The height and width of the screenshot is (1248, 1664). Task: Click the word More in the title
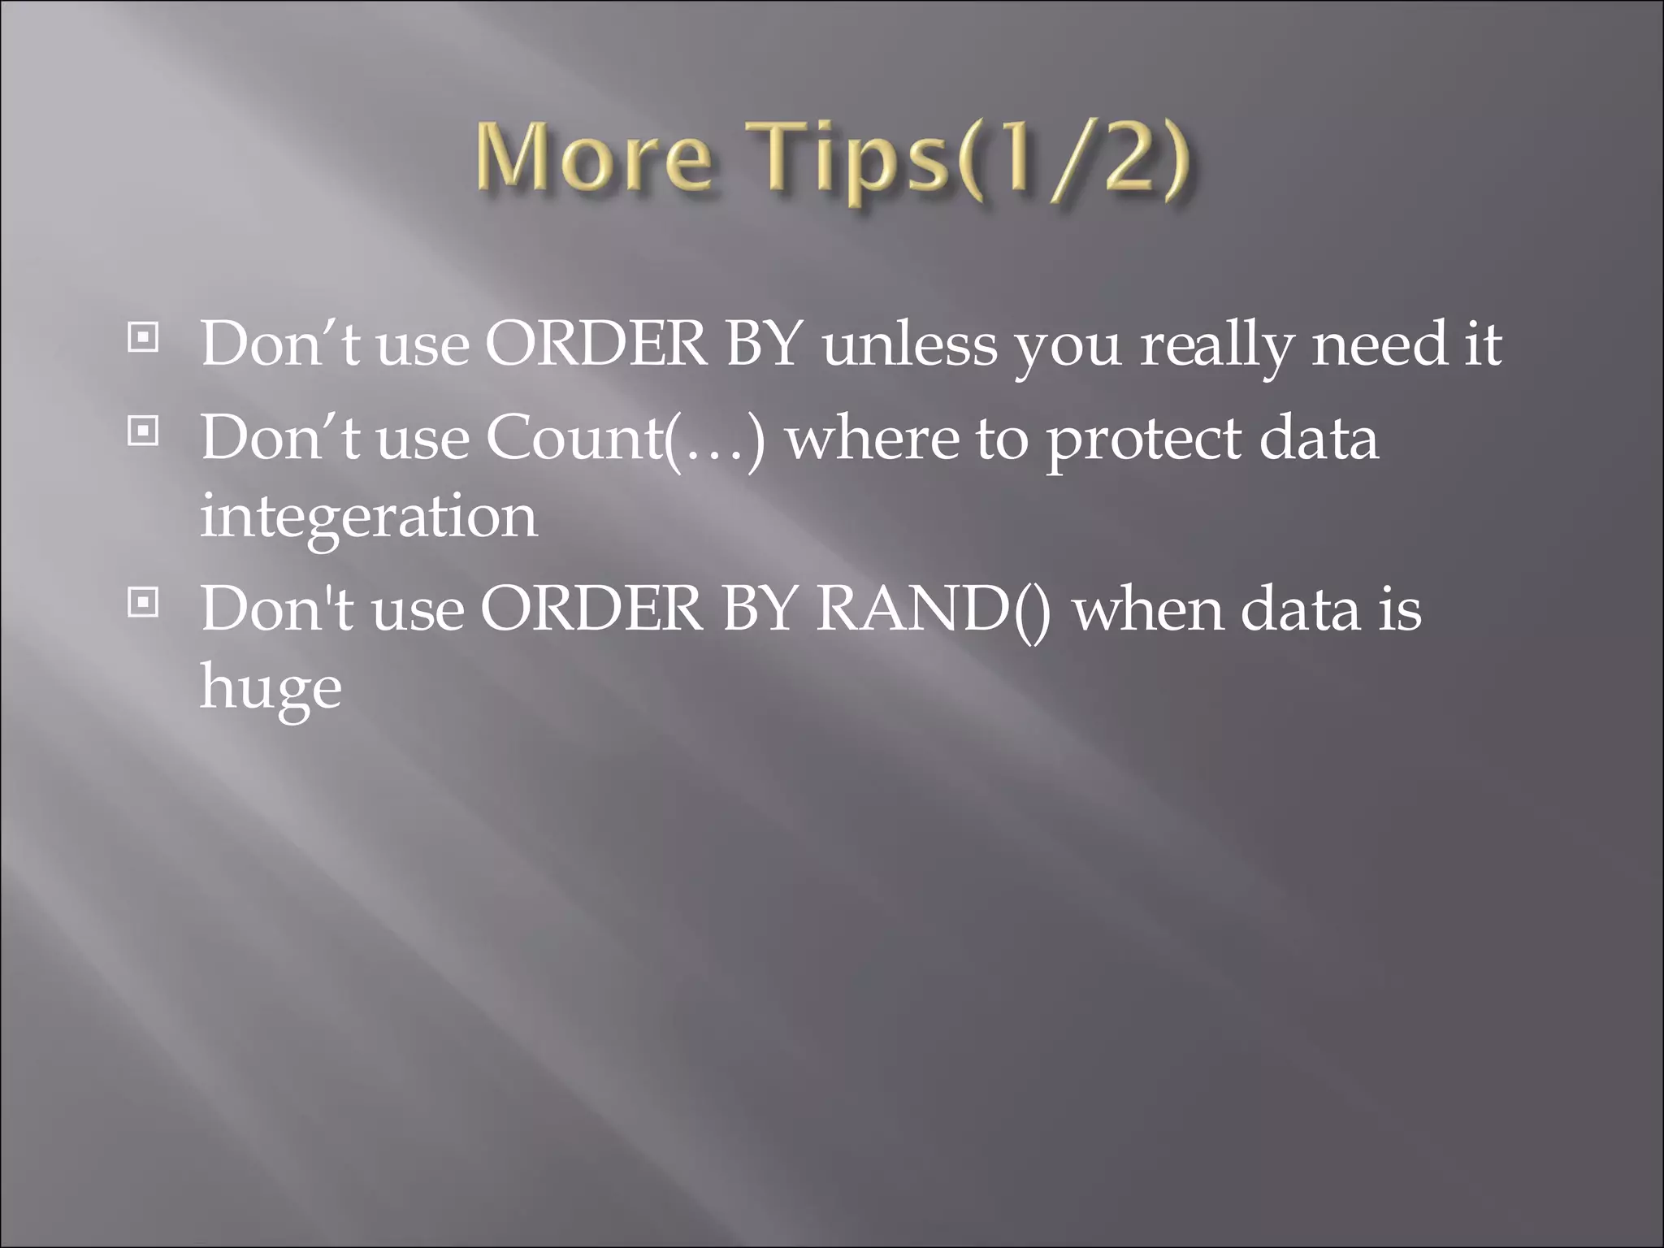pyautogui.click(x=593, y=158)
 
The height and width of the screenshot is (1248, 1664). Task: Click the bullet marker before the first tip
pyautogui.click(x=143, y=338)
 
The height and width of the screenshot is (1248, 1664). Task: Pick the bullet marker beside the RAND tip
pyautogui.click(x=143, y=603)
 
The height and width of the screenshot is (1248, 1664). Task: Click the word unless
pyautogui.click(x=909, y=344)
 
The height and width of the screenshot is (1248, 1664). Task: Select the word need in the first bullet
pyautogui.click(x=1379, y=344)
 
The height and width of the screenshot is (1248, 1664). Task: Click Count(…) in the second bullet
pyautogui.click(x=626, y=439)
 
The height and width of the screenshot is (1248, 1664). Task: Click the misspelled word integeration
pyautogui.click(x=369, y=518)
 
